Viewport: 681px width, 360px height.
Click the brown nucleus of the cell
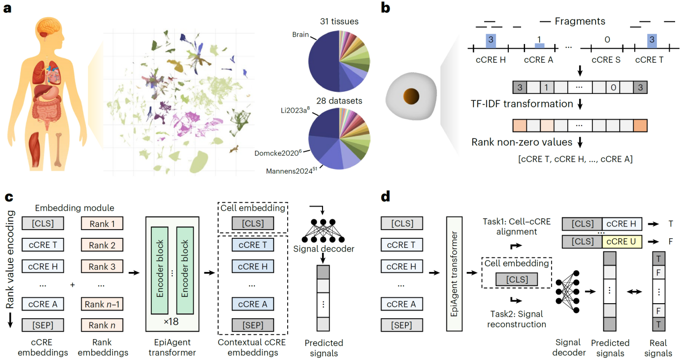(x=412, y=97)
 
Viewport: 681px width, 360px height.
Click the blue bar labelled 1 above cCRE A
(x=539, y=45)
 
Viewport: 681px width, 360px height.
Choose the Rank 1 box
(x=101, y=223)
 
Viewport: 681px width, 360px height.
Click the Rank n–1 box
(x=101, y=304)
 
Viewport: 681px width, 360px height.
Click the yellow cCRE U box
(x=625, y=241)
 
